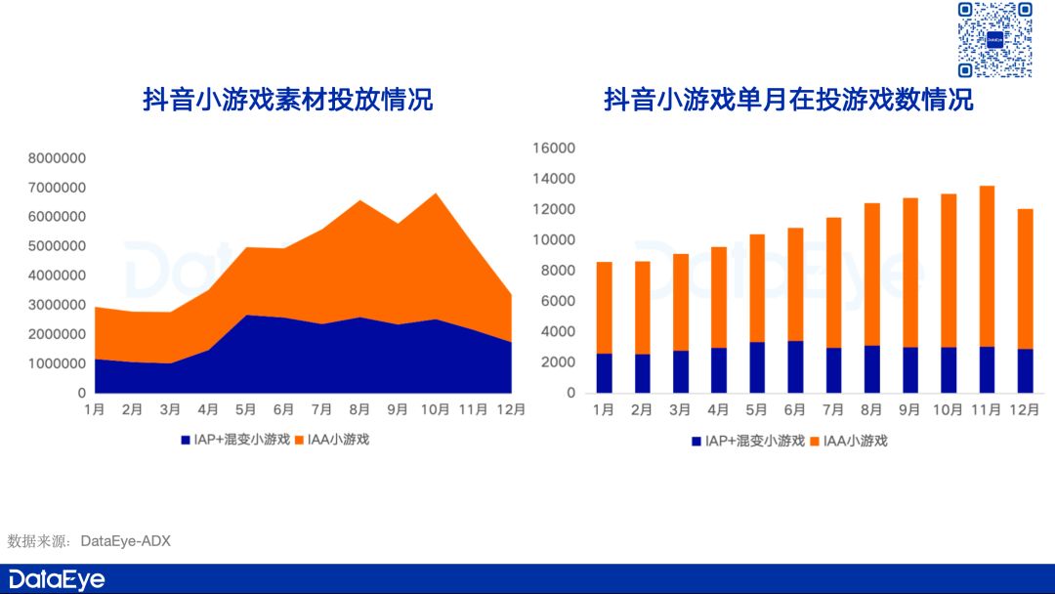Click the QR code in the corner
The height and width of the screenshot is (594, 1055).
pyautogui.click(x=994, y=40)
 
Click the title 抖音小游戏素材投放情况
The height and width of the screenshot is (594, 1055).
pyautogui.click(x=287, y=100)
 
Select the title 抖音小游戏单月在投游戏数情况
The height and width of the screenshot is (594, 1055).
pyautogui.click(x=788, y=100)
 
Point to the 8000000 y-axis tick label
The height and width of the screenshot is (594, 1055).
pyautogui.click(x=57, y=158)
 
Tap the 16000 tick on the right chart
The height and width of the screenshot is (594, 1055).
pyautogui.click(x=553, y=148)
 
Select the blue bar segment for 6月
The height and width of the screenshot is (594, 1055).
pyautogui.click(x=794, y=366)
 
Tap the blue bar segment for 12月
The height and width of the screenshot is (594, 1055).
pyautogui.click(x=1025, y=370)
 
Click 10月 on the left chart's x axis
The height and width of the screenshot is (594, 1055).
pyautogui.click(x=435, y=410)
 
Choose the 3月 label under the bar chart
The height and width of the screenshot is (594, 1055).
pyautogui.click(x=681, y=410)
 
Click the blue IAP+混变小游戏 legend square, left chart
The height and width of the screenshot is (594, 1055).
pyautogui.click(x=185, y=440)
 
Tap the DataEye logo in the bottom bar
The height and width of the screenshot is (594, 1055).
pyautogui.click(x=57, y=578)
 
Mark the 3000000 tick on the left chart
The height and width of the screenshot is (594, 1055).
pyautogui.click(x=57, y=305)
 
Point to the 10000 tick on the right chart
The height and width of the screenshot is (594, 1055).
pyautogui.click(x=553, y=240)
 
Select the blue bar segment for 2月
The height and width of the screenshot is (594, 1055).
pyautogui.click(x=643, y=373)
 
